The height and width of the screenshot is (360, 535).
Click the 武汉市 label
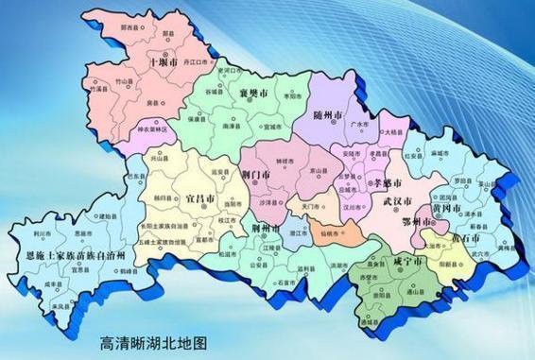coord(398,201)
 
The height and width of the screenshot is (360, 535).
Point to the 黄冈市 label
coord(446,206)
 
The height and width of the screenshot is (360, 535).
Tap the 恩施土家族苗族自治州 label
coord(78,253)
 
